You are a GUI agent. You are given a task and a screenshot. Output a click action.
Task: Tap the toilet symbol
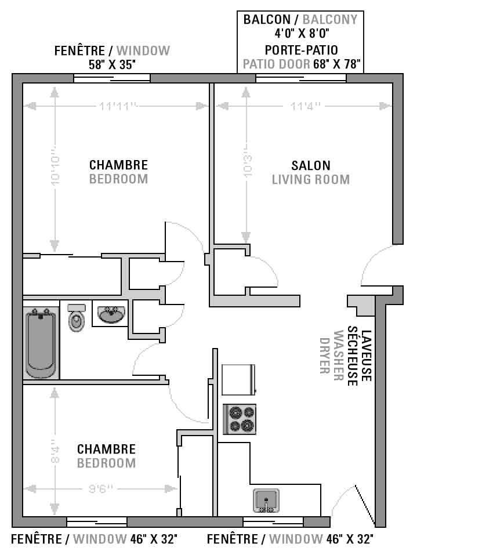[77, 318]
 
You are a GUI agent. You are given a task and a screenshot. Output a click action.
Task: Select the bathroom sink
[111, 314]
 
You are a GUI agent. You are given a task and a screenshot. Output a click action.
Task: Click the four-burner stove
[240, 419]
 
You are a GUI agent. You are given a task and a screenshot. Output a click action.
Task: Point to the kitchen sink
[266, 501]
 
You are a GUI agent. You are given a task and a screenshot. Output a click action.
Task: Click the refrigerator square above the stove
[238, 380]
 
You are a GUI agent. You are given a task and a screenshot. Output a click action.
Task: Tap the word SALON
[311, 165]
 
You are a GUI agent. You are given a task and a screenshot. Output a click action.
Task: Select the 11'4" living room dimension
[305, 106]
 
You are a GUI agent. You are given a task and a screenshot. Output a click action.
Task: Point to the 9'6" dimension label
[100, 489]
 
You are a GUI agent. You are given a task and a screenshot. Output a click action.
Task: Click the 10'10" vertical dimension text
[55, 166]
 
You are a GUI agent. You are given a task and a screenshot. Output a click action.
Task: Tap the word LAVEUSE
[366, 356]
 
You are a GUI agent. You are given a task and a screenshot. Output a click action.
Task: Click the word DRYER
[324, 356]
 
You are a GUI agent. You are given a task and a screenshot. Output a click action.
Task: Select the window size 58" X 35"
[112, 64]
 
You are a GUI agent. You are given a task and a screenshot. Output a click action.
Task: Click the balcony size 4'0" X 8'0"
[302, 34]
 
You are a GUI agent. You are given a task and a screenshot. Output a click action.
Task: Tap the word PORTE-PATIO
[302, 50]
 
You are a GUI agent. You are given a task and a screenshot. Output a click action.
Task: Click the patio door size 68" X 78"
[336, 64]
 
